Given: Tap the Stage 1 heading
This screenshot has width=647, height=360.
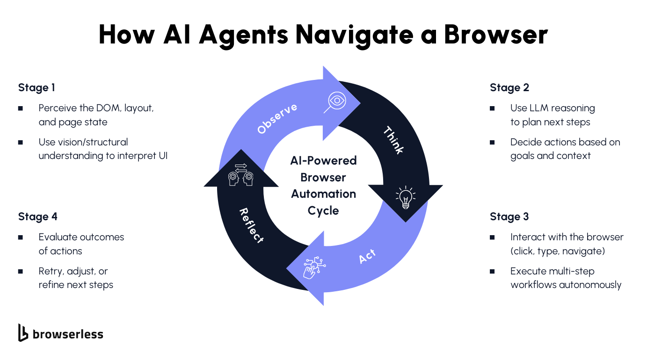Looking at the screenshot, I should [36, 87].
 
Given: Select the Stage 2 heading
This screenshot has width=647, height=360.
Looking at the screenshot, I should [509, 87].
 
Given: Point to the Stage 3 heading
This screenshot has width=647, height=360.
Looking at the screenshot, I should [509, 216].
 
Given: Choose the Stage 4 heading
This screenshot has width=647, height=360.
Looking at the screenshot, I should [37, 216].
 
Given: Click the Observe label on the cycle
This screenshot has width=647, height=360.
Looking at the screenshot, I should [277, 119].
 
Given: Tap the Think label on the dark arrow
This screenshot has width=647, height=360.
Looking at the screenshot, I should [393, 140].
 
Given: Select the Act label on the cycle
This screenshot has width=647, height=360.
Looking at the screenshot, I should [367, 257].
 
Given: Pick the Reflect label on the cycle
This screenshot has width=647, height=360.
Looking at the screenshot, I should [251, 226].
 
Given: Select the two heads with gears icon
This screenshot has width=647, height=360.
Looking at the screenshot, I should [240, 174].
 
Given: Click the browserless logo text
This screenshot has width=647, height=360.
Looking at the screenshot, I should [67, 334].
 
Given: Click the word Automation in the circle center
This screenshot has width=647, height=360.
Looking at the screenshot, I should [323, 194].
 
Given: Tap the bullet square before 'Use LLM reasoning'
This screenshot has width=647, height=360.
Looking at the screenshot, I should [492, 108].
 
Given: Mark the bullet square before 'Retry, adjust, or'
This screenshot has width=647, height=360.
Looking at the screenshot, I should [21, 271].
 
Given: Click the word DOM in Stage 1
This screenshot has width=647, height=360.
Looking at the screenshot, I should [109, 108].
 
